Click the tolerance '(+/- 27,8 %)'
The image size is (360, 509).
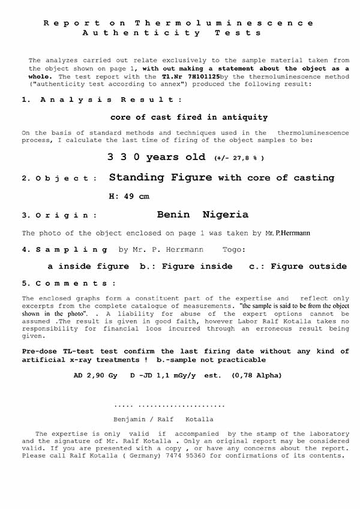(239, 158)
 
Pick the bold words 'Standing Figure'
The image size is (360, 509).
(160, 177)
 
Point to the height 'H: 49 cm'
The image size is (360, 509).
(128, 197)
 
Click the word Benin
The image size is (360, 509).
(173, 215)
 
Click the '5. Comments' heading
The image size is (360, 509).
(70, 283)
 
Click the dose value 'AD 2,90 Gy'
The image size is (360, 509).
(95, 375)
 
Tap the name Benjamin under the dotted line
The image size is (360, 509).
(133, 419)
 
